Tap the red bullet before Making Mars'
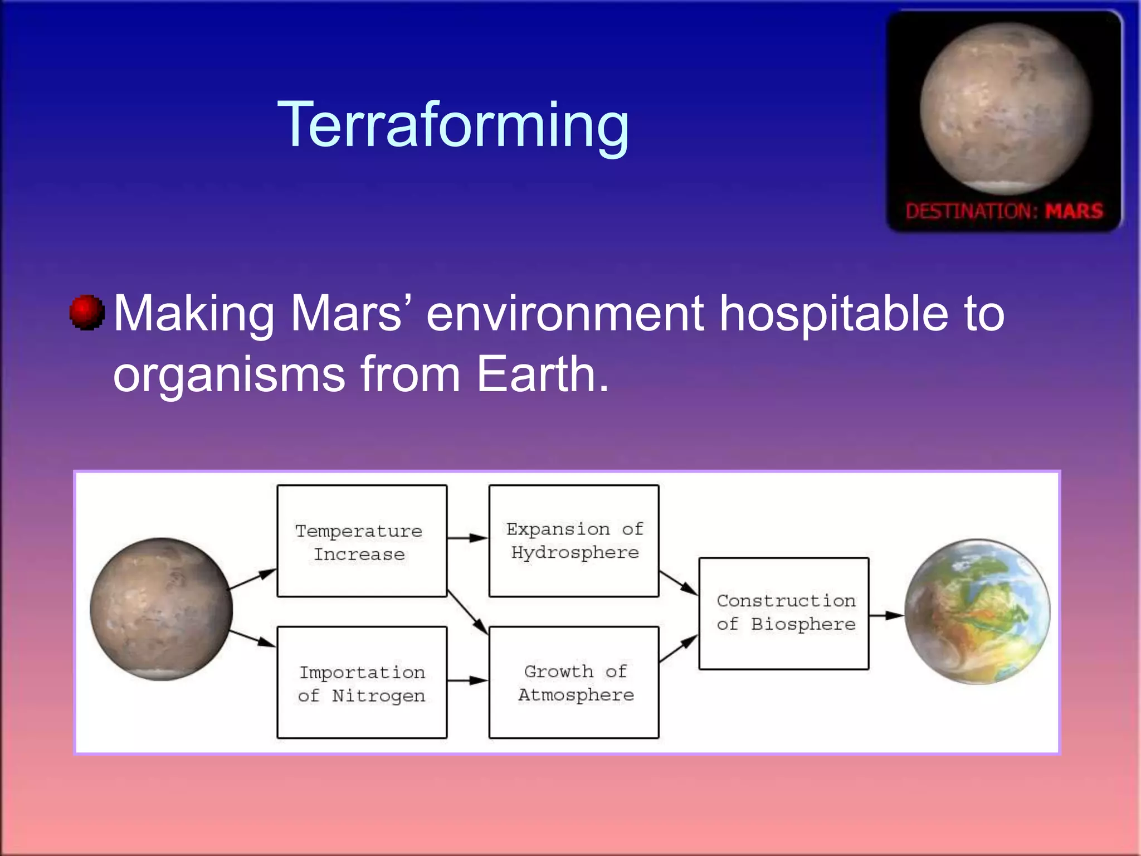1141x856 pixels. click(87, 313)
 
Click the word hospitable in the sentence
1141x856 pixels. click(833, 313)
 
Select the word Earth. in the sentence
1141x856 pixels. click(543, 374)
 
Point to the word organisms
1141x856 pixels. click(229, 376)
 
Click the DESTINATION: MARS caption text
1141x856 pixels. click(1004, 211)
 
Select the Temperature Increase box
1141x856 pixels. click(362, 541)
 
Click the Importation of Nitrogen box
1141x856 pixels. click(362, 683)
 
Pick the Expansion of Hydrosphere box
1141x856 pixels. click(574, 541)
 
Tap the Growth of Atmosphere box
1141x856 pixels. click(574, 683)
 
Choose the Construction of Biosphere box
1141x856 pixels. click(784, 613)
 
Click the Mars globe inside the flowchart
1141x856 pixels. click(162, 609)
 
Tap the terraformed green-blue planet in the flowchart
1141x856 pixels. click(977, 611)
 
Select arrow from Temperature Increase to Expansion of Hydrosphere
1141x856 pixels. click(467, 538)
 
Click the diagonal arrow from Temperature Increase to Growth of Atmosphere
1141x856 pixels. click(468, 612)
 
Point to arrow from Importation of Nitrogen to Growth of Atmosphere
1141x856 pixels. click(467, 680)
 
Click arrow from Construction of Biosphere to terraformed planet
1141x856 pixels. click(886, 615)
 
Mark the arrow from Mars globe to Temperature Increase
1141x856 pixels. click(252, 579)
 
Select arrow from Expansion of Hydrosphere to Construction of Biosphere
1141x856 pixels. click(678, 582)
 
